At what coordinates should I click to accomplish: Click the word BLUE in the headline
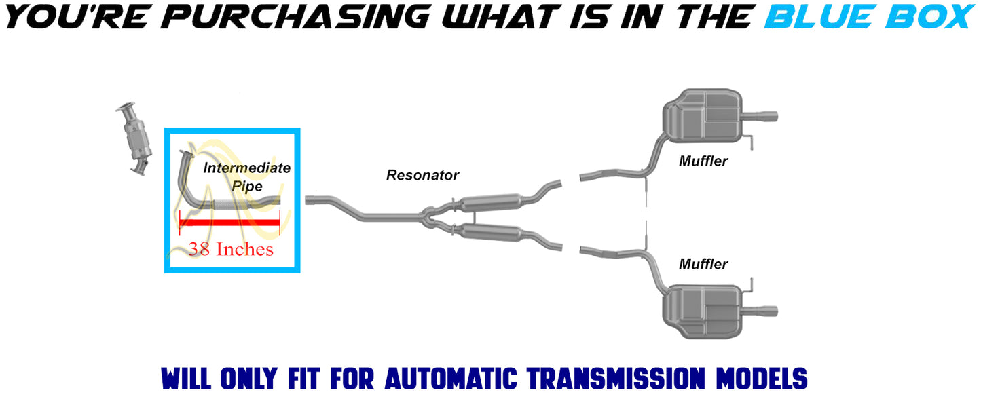click(x=821, y=17)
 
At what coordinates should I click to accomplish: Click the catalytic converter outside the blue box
click(x=134, y=138)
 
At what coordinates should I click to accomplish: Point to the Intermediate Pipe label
click(x=247, y=176)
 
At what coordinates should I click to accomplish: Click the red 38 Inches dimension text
click(x=231, y=249)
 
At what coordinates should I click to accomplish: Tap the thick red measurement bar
click(x=229, y=223)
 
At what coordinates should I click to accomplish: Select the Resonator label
click(x=422, y=175)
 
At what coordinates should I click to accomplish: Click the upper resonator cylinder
click(x=491, y=202)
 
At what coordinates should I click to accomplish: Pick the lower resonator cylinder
click(x=491, y=232)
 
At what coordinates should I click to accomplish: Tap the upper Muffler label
click(x=703, y=161)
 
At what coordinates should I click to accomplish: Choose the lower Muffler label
click(x=703, y=264)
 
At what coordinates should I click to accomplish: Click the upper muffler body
click(x=702, y=115)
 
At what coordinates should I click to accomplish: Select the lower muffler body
click(x=702, y=311)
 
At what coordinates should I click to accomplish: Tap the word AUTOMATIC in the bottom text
click(x=451, y=379)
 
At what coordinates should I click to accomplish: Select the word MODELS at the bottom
click(x=762, y=379)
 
